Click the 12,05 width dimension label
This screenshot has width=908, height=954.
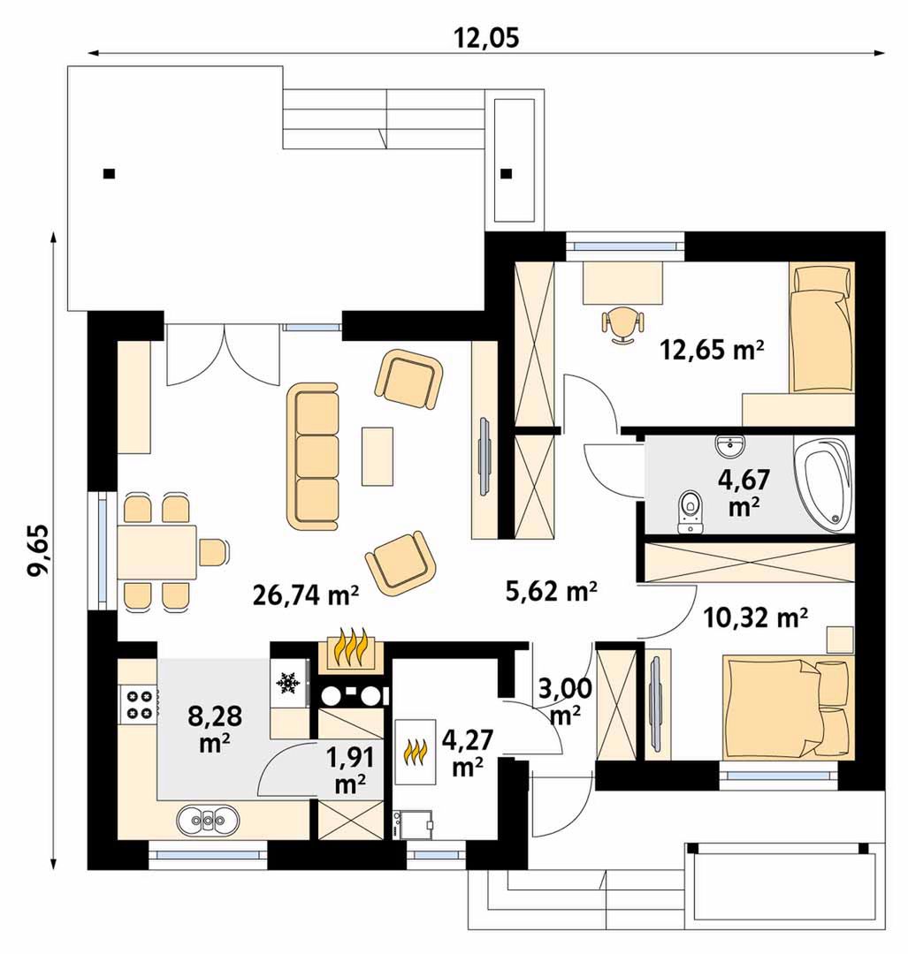486,37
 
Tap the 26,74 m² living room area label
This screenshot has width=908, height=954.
305,595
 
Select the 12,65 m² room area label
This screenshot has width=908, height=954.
712,350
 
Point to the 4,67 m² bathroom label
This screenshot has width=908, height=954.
744,493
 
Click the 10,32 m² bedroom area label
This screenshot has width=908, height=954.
755,618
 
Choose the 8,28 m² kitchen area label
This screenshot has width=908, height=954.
214,729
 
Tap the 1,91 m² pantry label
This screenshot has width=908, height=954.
349,770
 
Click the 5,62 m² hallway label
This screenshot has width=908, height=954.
551,590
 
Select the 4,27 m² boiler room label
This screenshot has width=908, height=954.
467,753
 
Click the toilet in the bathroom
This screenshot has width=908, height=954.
690,511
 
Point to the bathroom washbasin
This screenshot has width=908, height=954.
729,446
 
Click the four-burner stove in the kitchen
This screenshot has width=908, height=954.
138,703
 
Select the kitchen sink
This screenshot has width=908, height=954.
208,820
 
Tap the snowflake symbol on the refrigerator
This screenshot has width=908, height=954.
286,683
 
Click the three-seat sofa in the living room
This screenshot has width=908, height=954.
312,456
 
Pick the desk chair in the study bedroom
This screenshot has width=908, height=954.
622,325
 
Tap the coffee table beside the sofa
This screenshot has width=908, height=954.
377,457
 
